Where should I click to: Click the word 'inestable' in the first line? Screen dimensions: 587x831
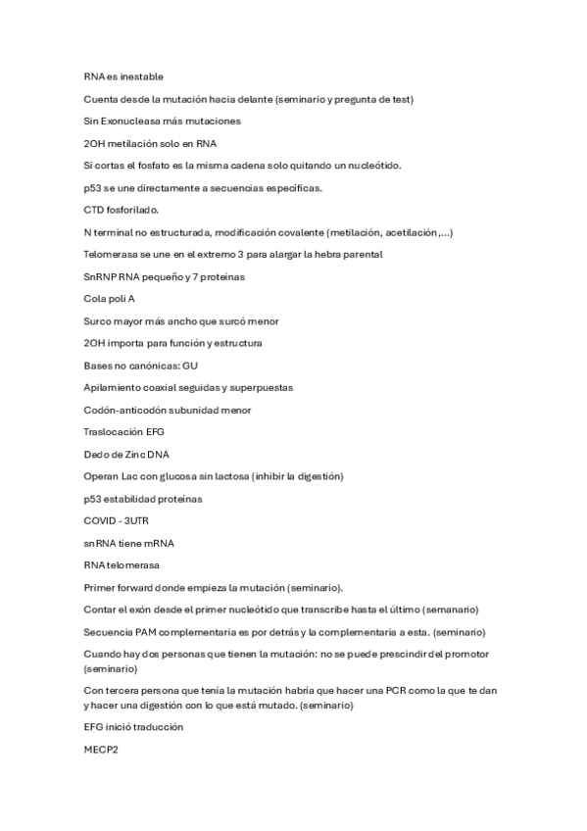[141, 76]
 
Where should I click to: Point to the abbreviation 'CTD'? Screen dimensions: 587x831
[94, 210]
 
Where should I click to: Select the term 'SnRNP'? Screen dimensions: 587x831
[99, 277]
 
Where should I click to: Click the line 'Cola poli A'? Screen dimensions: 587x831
[109, 299]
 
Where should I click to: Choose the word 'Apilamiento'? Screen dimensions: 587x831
[114, 388]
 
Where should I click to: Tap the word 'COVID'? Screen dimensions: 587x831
[100, 521]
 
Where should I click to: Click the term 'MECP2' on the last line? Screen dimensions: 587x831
[100, 750]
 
